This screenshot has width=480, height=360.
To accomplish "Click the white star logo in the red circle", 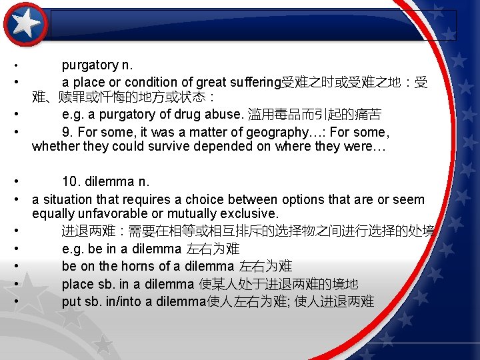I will tap(25, 23).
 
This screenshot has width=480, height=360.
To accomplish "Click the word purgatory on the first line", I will tap(89, 65).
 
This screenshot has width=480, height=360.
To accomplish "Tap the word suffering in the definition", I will tap(255, 82).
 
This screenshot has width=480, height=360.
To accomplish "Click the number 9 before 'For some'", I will tap(66, 132).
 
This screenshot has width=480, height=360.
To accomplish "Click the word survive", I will tap(172, 146).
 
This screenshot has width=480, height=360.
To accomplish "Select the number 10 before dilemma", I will tap(70, 181).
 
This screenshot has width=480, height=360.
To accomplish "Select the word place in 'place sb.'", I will tap(77, 284).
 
